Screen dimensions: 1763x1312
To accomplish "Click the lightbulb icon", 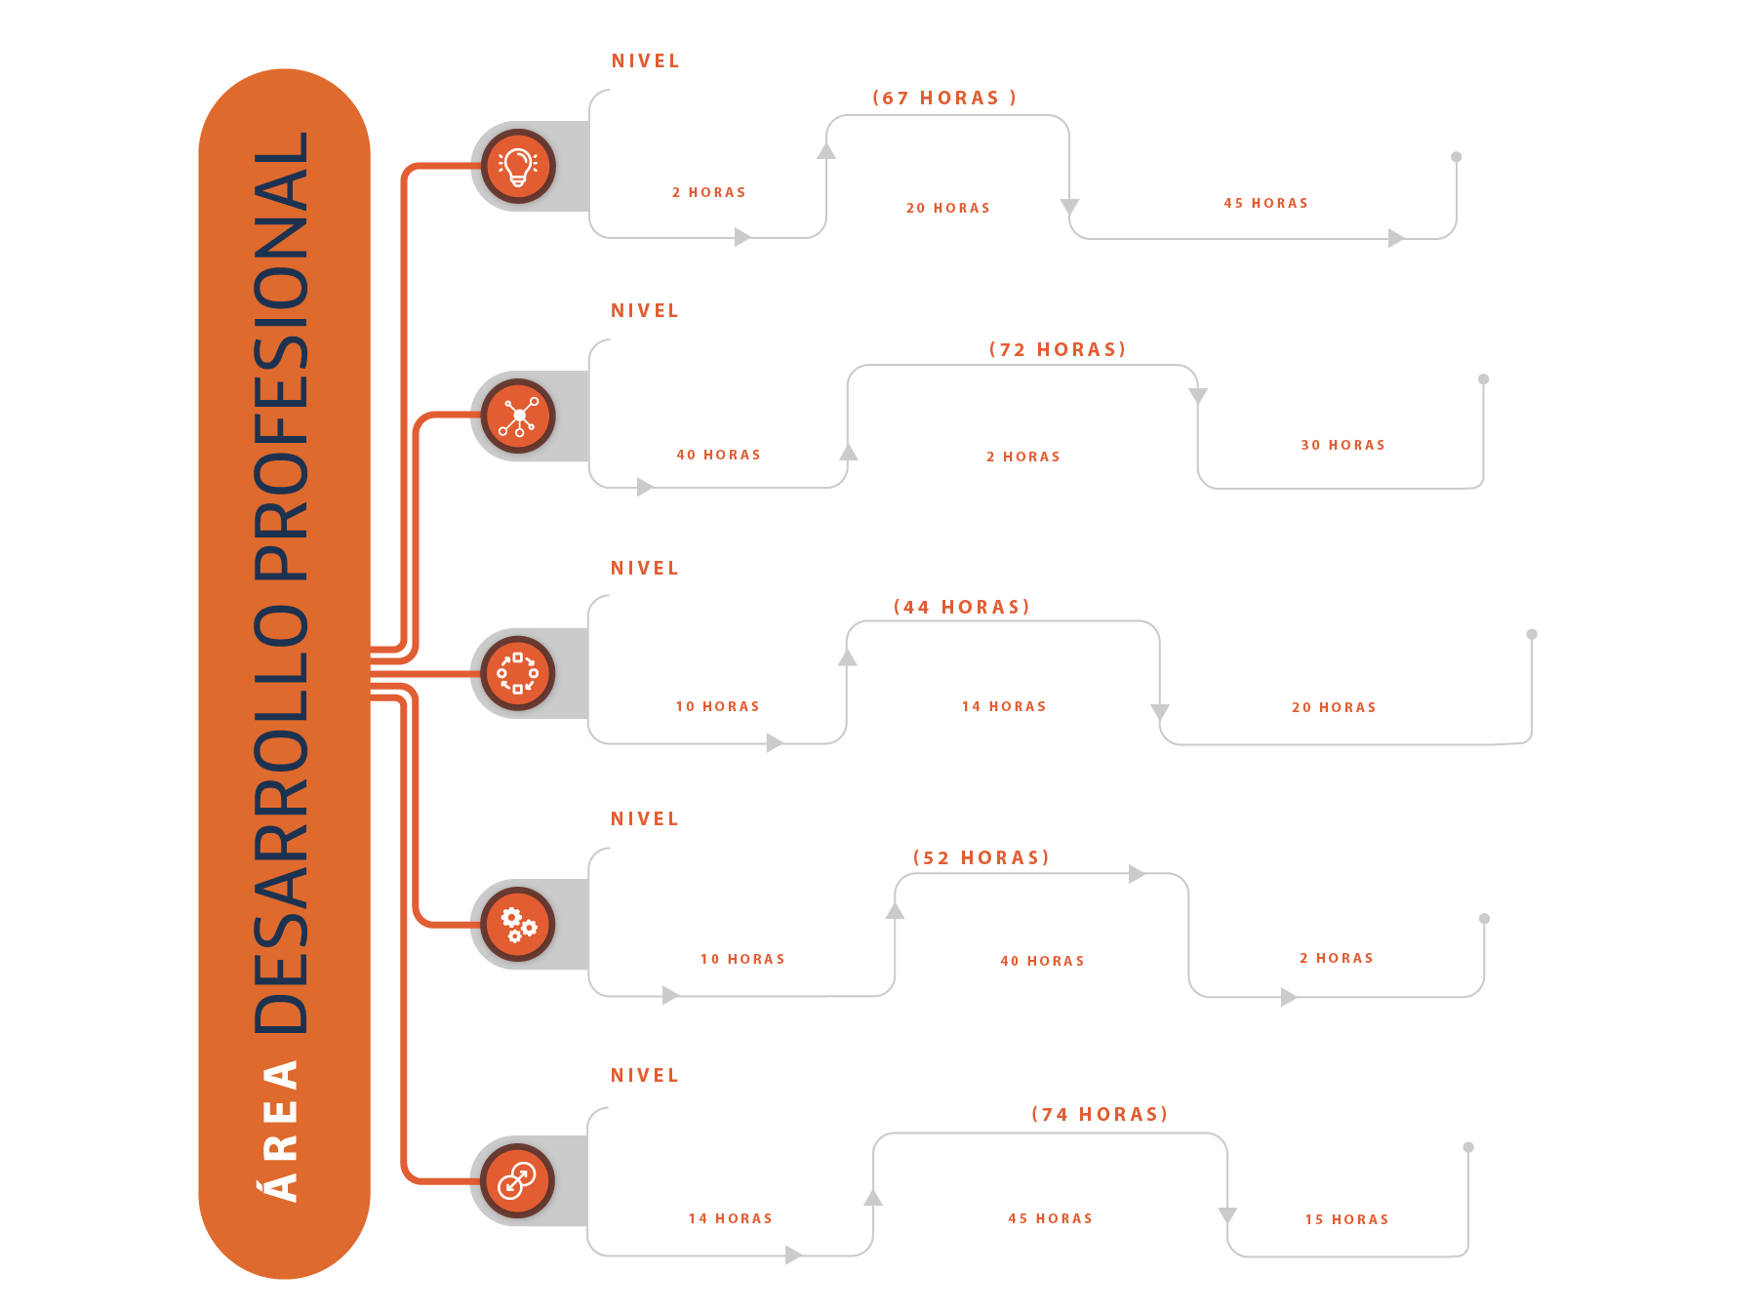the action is [x=518, y=167].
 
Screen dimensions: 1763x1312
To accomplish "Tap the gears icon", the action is [x=518, y=925].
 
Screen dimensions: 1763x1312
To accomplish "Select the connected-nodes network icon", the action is [x=518, y=417].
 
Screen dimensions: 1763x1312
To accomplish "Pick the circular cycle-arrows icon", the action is [x=518, y=673].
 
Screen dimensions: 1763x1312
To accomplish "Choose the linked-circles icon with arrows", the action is [x=517, y=1181].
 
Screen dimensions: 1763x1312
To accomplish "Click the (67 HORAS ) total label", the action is [x=944, y=98].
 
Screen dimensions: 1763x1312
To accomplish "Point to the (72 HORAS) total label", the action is [x=1058, y=349].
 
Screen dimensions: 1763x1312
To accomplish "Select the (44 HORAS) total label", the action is [x=962, y=607].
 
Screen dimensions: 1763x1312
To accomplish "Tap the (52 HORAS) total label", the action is [x=982, y=857].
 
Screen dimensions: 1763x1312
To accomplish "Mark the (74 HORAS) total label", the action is [x=1100, y=1114].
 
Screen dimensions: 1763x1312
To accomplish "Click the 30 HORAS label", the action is [x=1343, y=445].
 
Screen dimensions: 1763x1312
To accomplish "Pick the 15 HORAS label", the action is [x=1347, y=1219].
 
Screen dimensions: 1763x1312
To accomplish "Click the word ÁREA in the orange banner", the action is [x=282, y=1132].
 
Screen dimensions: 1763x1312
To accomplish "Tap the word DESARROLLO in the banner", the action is [x=281, y=819].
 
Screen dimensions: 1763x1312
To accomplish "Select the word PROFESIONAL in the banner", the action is [x=281, y=357].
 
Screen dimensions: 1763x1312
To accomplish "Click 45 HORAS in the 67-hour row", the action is [x=1266, y=203].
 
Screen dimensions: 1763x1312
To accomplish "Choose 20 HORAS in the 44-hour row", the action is [x=1334, y=707].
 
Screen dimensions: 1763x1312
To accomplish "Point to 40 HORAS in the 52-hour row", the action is [x=1043, y=961].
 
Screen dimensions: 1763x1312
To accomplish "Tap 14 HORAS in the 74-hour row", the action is [x=731, y=1218].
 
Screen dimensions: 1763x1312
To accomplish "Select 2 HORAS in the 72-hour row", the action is [x=1023, y=457].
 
